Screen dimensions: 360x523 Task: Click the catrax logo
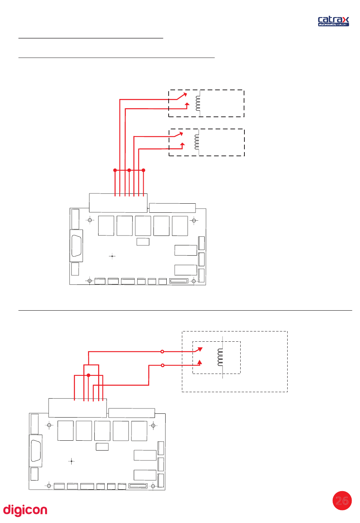pos(333,21)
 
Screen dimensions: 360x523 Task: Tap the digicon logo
pos(25,510)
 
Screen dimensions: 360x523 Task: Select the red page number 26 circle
pos(342,501)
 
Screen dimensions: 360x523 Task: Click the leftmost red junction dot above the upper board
pos(115,170)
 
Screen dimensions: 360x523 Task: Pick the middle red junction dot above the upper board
pos(129,170)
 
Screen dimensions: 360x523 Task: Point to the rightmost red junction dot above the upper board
pos(143,170)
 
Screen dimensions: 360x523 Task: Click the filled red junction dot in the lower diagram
pos(88,375)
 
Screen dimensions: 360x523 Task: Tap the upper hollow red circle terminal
pos(162,352)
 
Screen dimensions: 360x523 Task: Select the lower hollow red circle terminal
pos(163,365)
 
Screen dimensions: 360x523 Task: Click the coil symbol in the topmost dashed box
pos(198,103)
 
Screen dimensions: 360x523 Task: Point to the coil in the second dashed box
pos(197,142)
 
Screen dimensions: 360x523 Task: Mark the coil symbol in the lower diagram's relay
pos(220,357)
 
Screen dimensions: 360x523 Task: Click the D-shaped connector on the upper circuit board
pos(77,246)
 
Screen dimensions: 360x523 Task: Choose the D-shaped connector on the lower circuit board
pos(36,451)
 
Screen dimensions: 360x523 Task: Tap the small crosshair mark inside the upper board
pos(112,256)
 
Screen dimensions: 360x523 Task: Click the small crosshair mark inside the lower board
pos(71,461)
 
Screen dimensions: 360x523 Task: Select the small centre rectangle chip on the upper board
pos(143,242)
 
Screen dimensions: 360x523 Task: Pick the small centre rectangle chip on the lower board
pos(102,446)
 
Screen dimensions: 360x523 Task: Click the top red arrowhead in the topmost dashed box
pos(185,94)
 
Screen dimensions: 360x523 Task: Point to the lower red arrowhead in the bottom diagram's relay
pos(200,362)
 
